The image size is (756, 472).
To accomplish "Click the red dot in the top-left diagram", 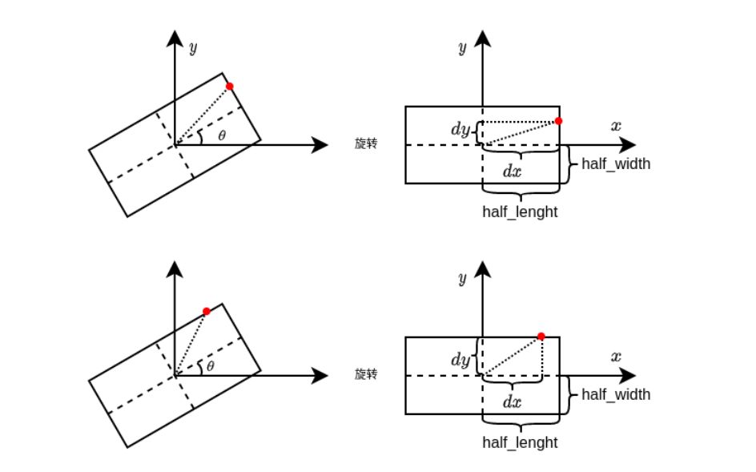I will point(230,86).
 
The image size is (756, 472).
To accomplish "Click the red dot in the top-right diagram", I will point(558,121).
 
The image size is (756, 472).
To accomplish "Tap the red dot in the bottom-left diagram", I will point(207,311).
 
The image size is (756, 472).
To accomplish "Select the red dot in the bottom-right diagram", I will point(541,337).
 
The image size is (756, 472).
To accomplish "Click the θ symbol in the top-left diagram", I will point(222,135).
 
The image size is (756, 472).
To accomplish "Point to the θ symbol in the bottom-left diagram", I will point(211,366).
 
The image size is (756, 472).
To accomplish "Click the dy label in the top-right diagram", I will point(460,130).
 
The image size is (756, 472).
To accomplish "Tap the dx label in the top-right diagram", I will point(512,170).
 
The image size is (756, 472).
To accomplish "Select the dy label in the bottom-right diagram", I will point(460,360).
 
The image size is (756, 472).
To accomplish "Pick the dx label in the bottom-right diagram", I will point(512,401).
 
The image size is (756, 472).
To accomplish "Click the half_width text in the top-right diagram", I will point(616,164).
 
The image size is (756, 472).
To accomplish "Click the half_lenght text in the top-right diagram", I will point(520,212).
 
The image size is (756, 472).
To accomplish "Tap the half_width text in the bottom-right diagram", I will point(616,394).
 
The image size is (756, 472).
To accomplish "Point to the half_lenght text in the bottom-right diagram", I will point(520,442).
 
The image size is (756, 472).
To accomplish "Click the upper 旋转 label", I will point(366,143).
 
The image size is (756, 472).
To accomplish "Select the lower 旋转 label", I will point(366,374).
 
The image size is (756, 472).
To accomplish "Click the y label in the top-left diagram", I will point(192,47).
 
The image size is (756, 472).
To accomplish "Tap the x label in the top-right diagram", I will point(616,126).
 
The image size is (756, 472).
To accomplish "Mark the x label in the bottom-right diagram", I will point(616,357).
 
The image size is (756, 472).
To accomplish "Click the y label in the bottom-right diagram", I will point(462,278).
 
